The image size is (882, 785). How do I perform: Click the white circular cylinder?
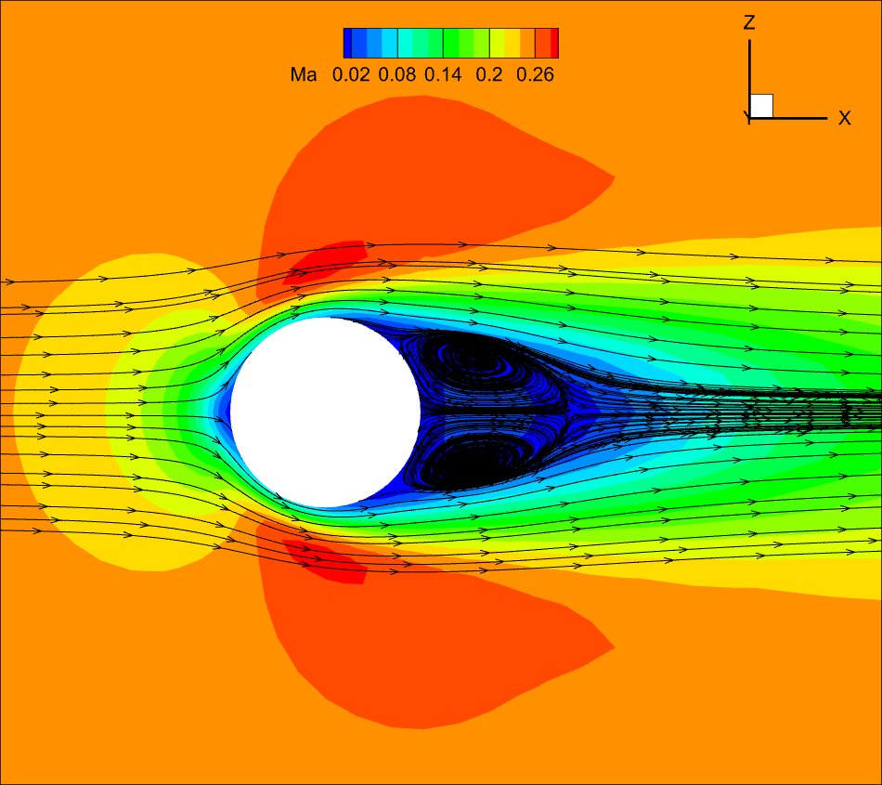coord(325,412)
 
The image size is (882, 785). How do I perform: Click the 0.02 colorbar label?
coord(351,75)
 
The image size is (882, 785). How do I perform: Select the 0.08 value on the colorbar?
coord(397,75)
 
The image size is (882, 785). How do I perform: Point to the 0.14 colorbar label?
coord(443,75)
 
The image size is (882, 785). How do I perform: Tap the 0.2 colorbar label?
coord(488,75)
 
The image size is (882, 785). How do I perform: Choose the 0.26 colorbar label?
coord(535,75)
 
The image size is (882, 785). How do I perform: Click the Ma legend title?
coord(304,75)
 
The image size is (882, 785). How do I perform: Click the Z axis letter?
coord(748,22)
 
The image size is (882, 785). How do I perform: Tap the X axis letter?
coord(844,118)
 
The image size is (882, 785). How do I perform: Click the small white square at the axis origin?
coord(761,106)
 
